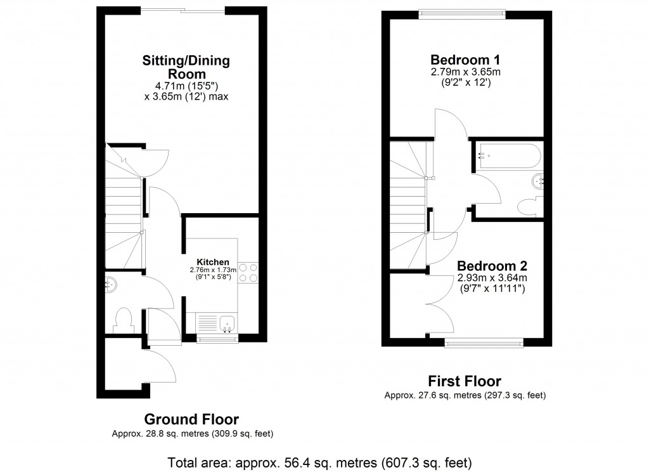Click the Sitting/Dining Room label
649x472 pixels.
pos(186,67)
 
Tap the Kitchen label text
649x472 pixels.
pos(212,262)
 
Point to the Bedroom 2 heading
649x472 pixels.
pos(492,266)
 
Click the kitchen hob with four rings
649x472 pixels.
pos(248,272)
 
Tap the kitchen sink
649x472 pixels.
pos(226,324)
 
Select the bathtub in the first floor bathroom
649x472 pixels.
pos(509,155)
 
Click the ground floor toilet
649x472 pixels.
pos(122,319)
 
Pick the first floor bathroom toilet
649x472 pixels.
pos(527,207)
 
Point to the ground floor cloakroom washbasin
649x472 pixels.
pos(110,285)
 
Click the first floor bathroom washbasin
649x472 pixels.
pos(538,181)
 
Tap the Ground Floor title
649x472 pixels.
pos(191,419)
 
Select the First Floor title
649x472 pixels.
pos(464,381)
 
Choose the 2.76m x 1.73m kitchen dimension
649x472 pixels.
pos(212,270)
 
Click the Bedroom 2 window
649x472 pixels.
pos(484,343)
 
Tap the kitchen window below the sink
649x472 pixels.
pos(218,339)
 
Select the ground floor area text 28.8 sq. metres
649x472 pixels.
pos(192,434)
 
